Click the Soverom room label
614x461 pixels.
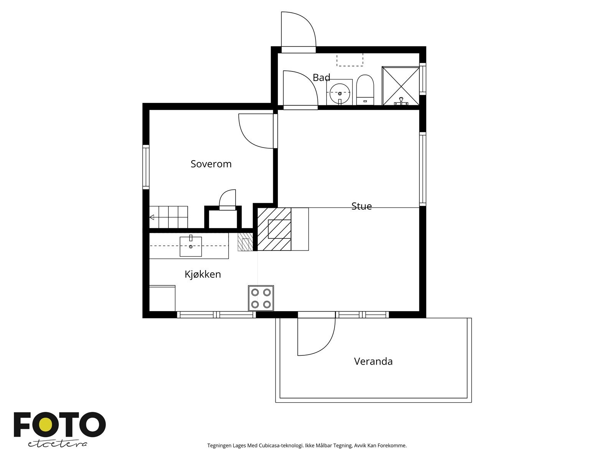pyautogui.click(x=211, y=164)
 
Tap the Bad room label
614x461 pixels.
pyautogui.click(x=321, y=78)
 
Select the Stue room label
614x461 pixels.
pyautogui.click(x=361, y=206)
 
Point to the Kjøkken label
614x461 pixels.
pyautogui.click(x=203, y=274)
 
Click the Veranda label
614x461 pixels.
pyautogui.click(x=373, y=362)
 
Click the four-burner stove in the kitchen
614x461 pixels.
pyautogui.click(x=261, y=298)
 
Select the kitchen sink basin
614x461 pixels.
pyautogui.click(x=191, y=247)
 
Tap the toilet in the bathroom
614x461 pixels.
pyautogui.click(x=365, y=90)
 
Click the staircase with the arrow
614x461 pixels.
pyautogui.click(x=168, y=217)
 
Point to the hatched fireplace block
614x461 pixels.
pyautogui.click(x=274, y=229)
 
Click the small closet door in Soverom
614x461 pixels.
pyautogui.click(x=227, y=199)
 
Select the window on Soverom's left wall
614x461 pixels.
pyautogui.click(x=146, y=167)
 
